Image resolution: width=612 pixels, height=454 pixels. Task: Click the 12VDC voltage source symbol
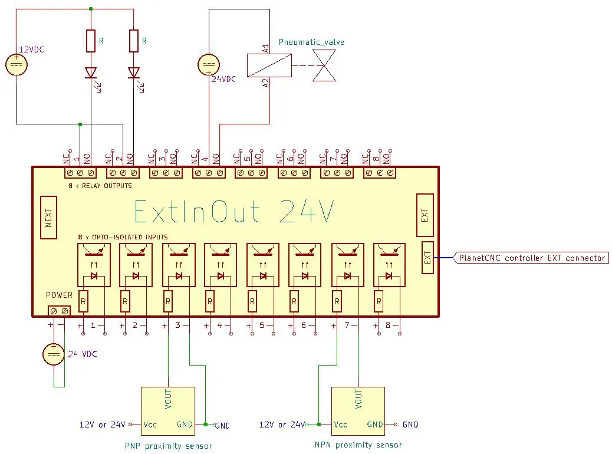[16, 65]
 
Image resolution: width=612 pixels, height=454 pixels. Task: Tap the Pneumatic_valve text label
[312, 42]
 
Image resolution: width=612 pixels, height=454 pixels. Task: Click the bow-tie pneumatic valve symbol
[325, 65]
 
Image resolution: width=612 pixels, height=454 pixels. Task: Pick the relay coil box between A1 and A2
[269, 65]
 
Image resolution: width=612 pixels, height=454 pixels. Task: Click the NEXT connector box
[49, 218]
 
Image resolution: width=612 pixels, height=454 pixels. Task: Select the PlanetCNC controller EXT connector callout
[532, 258]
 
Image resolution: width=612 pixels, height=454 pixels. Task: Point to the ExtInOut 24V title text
[234, 212]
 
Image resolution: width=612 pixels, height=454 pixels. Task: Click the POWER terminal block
[59, 310]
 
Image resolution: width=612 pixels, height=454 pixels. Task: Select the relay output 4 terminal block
[209, 173]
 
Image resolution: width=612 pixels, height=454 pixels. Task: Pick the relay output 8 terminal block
[379, 173]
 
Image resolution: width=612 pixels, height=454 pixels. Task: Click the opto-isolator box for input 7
[347, 265]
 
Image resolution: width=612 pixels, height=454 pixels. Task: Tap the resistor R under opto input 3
[168, 302]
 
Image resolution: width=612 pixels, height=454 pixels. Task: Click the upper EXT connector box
[425, 215]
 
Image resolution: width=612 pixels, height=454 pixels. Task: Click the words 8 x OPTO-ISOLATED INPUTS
[123, 237]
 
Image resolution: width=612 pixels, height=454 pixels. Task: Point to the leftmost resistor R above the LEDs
[91, 41]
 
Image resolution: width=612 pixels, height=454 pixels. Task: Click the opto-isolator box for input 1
[93, 265]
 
